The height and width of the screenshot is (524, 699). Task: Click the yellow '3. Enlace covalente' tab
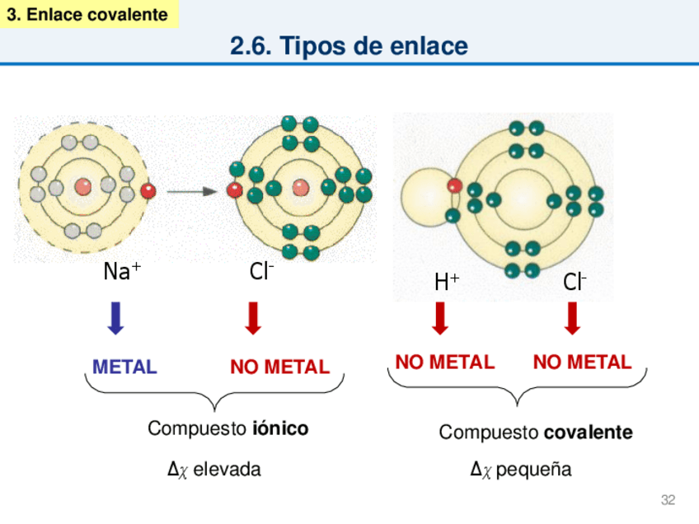click(88, 15)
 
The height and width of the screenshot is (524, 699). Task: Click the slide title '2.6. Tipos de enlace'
click(349, 47)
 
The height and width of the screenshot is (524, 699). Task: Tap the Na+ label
click(121, 271)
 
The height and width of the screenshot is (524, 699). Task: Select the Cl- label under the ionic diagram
click(261, 271)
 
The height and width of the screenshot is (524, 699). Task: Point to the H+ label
click(447, 283)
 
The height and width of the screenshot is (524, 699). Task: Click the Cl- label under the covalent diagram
click(575, 283)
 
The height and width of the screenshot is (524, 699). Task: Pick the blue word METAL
click(124, 367)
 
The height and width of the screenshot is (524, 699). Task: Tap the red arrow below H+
click(440, 318)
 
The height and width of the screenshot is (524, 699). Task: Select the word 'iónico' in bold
click(280, 428)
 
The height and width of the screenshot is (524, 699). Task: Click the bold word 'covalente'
click(589, 433)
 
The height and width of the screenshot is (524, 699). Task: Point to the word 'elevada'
click(227, 470)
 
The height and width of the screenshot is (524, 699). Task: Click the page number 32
click(668, 500)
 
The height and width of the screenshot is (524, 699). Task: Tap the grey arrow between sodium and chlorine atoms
click(191, 191)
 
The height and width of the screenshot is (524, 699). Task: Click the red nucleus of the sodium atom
click(83, 187)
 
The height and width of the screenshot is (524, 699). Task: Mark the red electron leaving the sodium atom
click(148, 191)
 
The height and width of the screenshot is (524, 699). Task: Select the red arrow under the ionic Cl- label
click(254, 318)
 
